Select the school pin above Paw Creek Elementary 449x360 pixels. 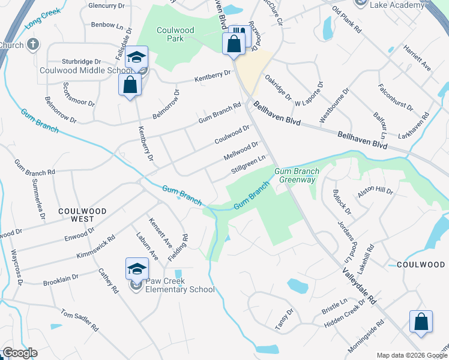pos(137,269)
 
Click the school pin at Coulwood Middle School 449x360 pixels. pos(137,58)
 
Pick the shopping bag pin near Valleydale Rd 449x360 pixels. pos(421,321)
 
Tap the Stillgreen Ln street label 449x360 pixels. pos(248,165)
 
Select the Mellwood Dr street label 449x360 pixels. pos(240,151)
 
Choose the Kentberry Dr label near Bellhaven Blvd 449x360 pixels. pos(212,76)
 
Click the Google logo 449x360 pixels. pos(20,353)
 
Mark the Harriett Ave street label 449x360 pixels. pos(417,58)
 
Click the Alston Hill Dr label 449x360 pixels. pos(375,192)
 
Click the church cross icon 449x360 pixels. pos(33,44)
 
